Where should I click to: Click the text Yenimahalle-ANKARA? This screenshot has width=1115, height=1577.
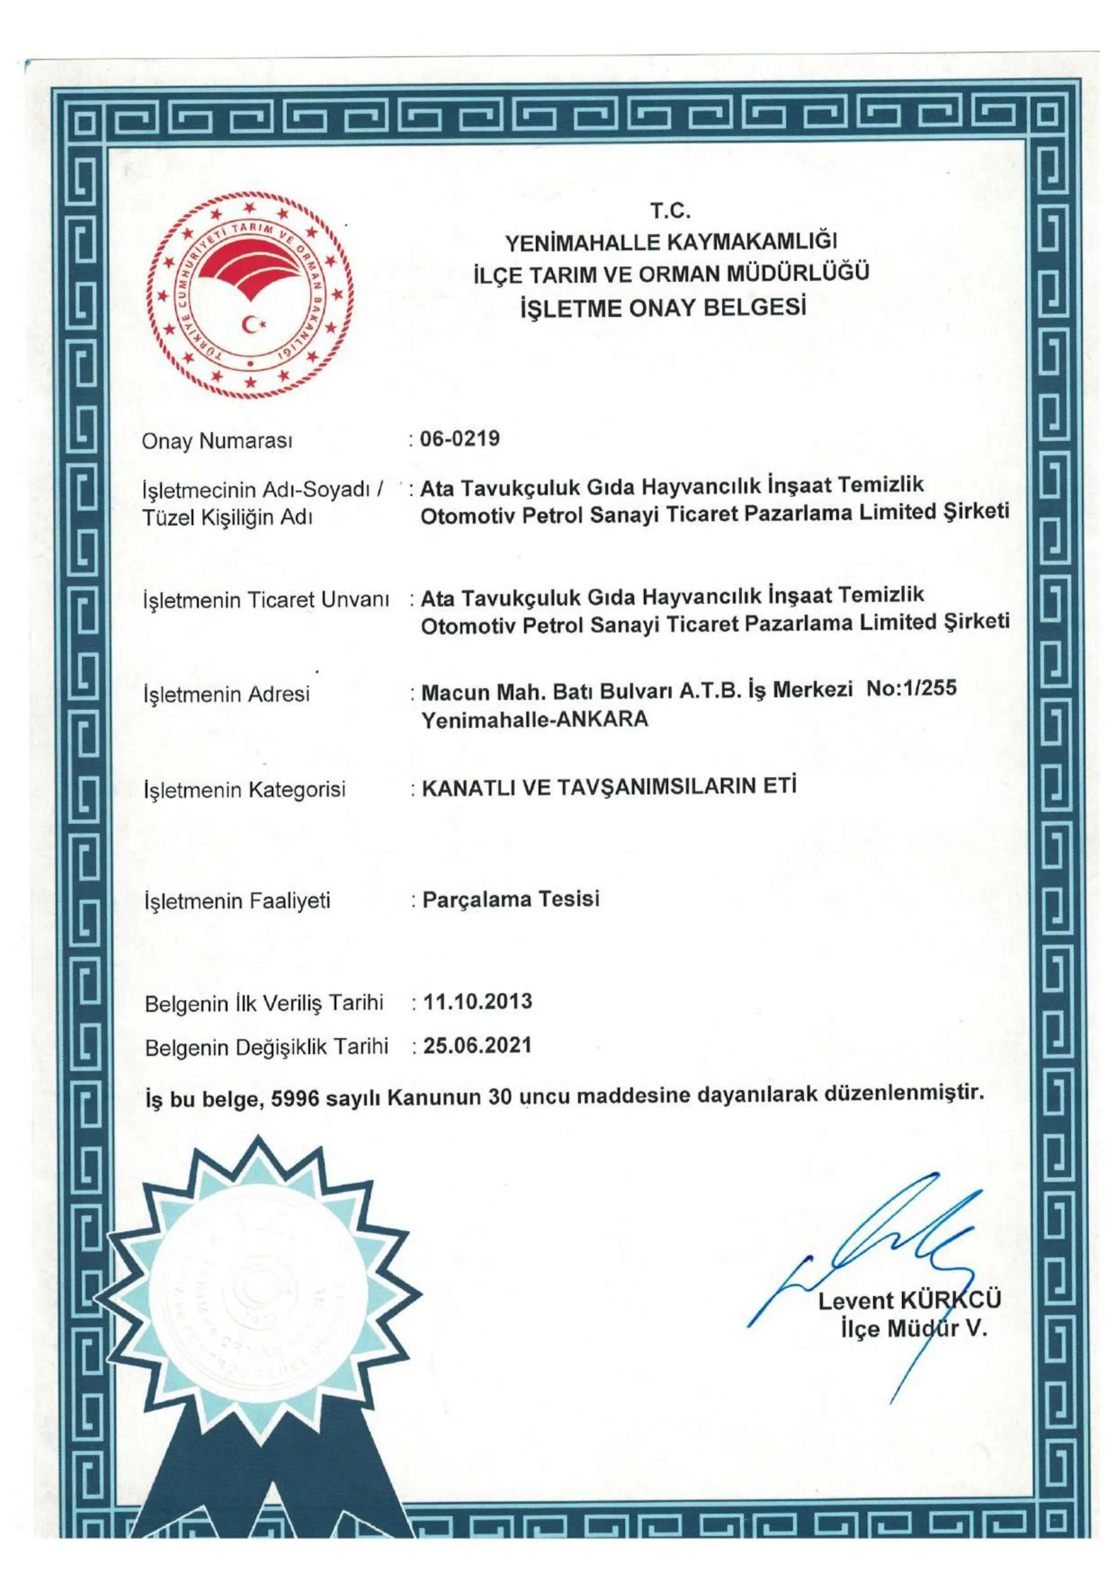coord(534,719)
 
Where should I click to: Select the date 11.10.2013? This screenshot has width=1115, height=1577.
coord(478,1002)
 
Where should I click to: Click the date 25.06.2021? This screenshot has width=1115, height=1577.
coord(478,1045)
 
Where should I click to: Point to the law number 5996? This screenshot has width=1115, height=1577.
coord(296,1098)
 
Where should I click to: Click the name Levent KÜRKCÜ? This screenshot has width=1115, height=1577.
coord(909,1300)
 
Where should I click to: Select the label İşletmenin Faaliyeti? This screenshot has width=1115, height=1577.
coord(237,900)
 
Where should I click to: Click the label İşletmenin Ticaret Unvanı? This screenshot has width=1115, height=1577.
coord(266,600)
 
